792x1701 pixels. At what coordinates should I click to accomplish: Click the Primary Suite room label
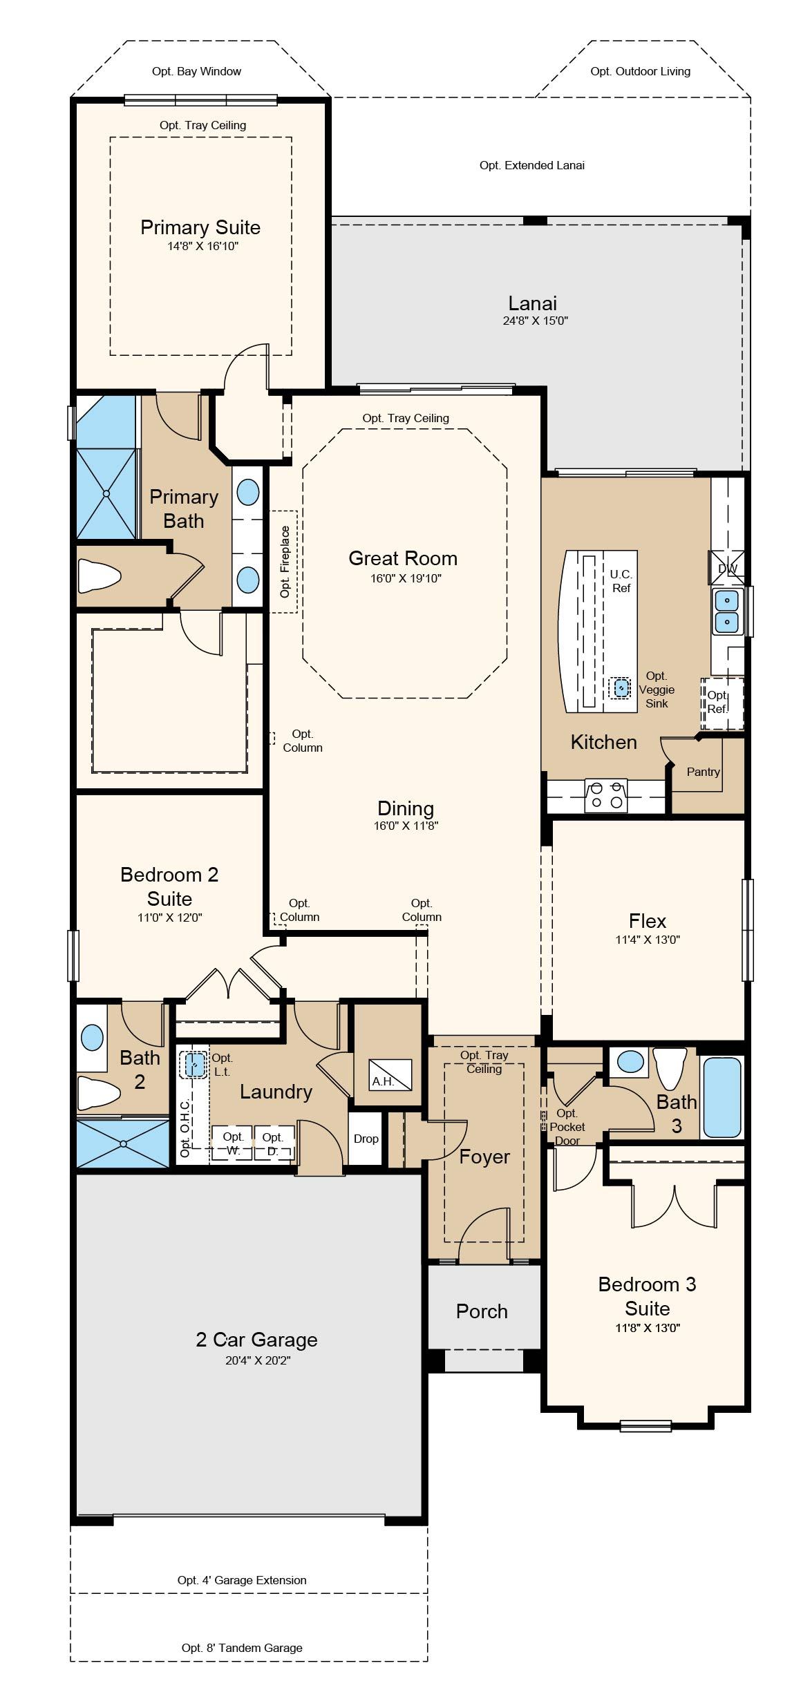(200, 227)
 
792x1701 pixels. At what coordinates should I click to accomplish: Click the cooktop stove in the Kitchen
(606, 795)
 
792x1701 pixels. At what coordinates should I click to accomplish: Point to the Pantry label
(704, 772)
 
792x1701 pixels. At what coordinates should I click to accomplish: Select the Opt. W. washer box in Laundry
(233, 1142)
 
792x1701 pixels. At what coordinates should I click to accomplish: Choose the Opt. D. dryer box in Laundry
(274, 1142)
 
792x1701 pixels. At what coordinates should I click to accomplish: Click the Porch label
(482, 1311)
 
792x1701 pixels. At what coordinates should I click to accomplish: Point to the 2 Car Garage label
(256, 1340)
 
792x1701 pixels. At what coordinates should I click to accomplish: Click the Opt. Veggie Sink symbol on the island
(622, 687)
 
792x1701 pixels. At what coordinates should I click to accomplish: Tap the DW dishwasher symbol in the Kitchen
(728, 568)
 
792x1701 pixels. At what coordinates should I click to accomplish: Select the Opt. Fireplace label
(285, 562)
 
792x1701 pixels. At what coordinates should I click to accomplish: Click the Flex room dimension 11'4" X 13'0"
(648, 940)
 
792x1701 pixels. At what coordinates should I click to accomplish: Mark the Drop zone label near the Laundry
(366, 1139)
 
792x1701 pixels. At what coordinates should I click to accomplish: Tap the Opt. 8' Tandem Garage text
(242, 1648)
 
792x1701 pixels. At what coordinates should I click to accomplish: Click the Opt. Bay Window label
(197, 71)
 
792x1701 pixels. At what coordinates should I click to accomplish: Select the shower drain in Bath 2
(123, 1143)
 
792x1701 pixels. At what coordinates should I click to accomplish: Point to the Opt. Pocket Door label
(567, 1127)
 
